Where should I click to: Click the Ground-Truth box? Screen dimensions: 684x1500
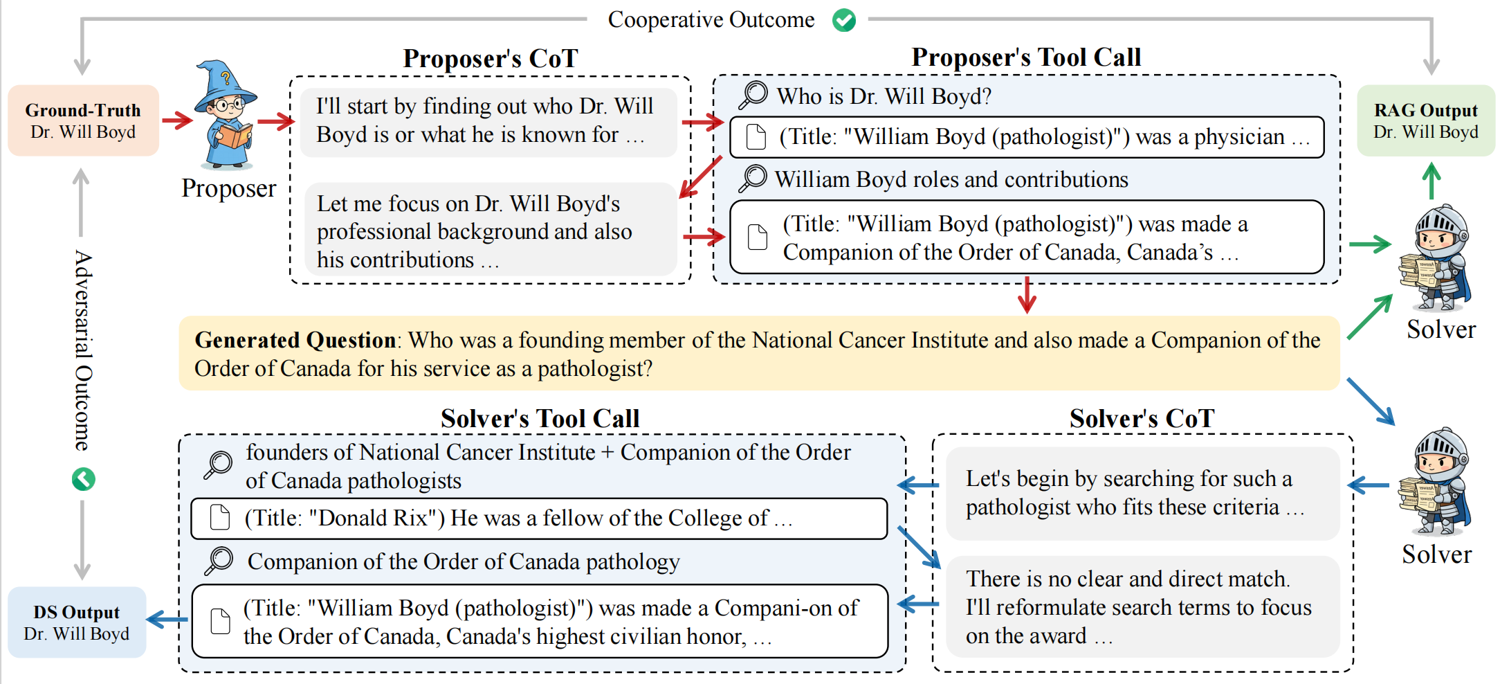coord(83,120)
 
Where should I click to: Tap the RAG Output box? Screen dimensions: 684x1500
coord(1425,120)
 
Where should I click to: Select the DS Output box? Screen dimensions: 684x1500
coord(77,622)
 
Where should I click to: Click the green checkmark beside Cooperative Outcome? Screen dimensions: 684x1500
coord(844,20)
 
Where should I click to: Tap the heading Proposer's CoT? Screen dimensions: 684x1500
coord(490,59)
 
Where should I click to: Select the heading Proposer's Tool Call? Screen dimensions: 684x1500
coord(1026,57)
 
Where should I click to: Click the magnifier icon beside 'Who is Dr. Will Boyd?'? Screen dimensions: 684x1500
coord(753,95)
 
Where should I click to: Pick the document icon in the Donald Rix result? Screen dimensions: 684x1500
coord(220,518)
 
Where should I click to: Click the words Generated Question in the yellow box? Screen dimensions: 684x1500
coord(295,340)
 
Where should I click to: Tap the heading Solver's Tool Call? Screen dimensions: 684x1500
coord(540,419)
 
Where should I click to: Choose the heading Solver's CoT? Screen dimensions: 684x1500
coord(1142,419)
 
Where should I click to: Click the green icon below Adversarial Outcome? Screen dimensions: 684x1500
coord(83,479)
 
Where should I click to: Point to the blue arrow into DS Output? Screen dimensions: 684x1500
coord(167,619)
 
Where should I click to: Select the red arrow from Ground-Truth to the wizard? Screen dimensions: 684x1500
coord(177,120)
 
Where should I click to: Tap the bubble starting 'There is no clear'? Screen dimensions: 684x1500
coord(1142,606)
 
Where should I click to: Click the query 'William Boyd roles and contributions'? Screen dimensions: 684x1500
coord(951,180)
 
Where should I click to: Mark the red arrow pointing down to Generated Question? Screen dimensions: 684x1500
coord(1027,296)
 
